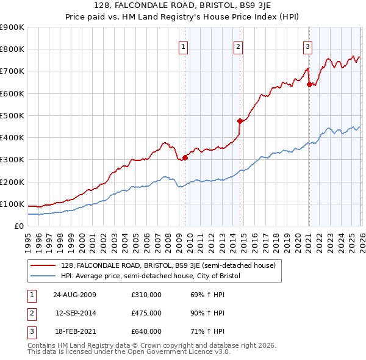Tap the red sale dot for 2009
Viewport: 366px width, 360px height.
(x=185, y=157)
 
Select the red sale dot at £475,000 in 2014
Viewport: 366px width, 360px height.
(x=240, y=121)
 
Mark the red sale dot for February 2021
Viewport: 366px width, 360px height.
(x=309, y=85)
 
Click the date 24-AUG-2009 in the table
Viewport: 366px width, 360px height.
(x=74, y=295)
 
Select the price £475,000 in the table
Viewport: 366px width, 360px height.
(x=146, y=313)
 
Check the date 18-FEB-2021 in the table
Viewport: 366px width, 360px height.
(x=74, y=331)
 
